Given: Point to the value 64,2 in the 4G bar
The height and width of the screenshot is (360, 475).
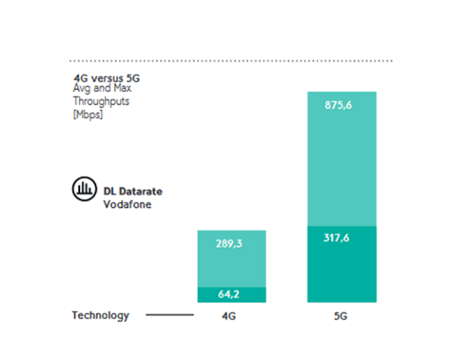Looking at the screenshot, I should click(231, 295).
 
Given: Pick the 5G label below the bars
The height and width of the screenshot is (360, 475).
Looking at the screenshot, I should click(341, 316).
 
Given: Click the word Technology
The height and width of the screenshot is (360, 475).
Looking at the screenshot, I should click(100, 315).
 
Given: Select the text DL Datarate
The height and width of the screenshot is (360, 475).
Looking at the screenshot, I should click(133, 192).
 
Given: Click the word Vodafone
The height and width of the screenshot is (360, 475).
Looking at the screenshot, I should click(128, 204).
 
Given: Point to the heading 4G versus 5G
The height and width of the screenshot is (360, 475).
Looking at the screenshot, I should click(107, 78).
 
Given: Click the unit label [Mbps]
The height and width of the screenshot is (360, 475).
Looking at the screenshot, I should click(88, 113).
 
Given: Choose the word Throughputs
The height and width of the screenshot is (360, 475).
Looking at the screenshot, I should click(101, 101).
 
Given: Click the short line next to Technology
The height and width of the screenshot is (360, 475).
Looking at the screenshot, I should click(170, 315).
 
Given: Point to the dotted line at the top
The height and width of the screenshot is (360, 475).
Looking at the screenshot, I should click(231, 61).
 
